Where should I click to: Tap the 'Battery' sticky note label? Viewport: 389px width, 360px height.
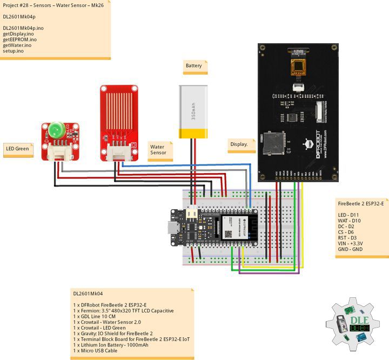(194, 66)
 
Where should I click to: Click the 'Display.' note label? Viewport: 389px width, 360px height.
(239, 144)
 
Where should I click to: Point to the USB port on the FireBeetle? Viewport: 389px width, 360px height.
(175, 228)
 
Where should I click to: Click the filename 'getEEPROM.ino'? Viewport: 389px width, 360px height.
(19, 39)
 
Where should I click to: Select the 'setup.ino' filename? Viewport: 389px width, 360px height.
(13, 51)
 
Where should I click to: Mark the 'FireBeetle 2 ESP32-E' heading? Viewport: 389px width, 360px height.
(360, 204)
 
